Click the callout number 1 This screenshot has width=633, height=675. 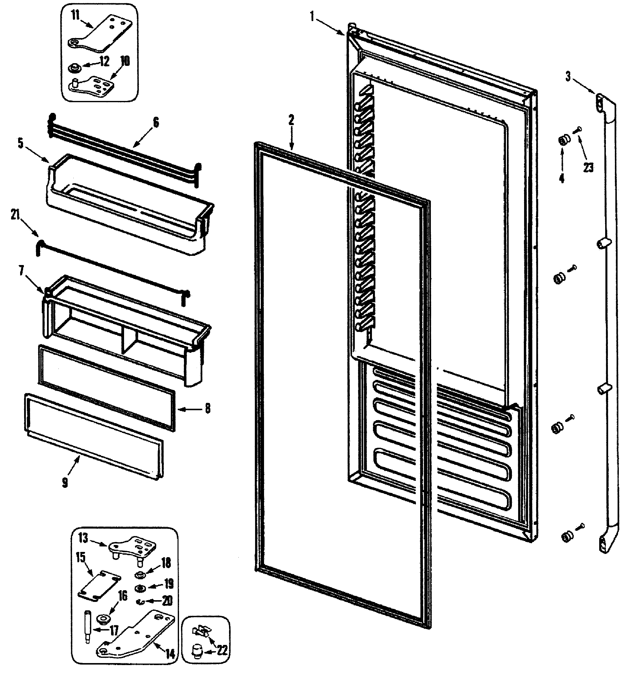[x=312, y=17]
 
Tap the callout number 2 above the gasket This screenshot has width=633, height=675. [x=291, y=120]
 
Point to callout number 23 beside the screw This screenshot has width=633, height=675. [x=588, y=167]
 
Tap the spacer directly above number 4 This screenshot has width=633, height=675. [x=562, y=140]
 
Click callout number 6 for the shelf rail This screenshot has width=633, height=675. [x=156, y=122]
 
